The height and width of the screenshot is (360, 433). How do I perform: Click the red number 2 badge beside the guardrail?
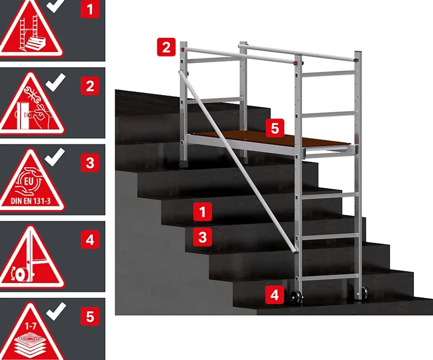[166, 47]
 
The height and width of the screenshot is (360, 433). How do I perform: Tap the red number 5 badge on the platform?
[275, 128]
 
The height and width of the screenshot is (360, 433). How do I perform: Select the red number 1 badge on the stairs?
[203, 212]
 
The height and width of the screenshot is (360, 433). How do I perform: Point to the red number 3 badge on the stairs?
[203, 237]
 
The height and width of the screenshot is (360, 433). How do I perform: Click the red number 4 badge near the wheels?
[275, 295]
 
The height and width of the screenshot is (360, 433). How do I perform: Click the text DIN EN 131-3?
[31, 201]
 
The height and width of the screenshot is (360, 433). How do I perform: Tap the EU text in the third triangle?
[29, 182]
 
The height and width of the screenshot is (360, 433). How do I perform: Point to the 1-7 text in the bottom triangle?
[30, 327]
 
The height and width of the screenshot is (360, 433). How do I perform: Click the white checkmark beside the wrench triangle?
[55, 82]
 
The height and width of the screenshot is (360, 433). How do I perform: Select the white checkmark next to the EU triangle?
[54, 157]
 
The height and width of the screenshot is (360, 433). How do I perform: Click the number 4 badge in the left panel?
[90, 240]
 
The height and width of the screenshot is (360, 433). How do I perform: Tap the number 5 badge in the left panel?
[90, 316]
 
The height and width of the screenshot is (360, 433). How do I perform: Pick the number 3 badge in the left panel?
[90, 163]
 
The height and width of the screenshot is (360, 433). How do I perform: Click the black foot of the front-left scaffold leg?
[184, 164]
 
